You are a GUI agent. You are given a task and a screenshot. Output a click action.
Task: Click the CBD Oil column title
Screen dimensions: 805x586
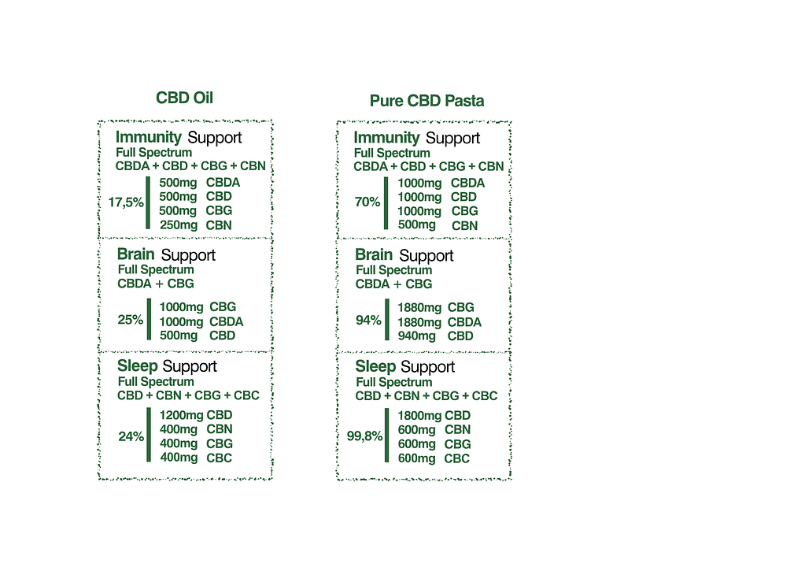click(184, 98)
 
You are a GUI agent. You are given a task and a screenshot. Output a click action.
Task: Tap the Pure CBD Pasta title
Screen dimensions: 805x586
click(427, 101)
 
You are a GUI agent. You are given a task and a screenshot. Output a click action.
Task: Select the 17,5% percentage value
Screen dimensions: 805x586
click(126, 202)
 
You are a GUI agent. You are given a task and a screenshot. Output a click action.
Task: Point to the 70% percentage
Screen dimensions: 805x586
click(367, 202)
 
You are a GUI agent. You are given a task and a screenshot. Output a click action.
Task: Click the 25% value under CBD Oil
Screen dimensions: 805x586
click(131, 320)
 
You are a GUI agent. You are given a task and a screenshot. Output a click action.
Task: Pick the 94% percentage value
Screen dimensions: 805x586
click(368, 321)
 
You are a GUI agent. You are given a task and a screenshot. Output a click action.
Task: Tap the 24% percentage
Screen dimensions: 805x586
click(131, 436)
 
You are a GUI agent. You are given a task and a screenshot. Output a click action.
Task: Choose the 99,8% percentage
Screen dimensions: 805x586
click(364, 436)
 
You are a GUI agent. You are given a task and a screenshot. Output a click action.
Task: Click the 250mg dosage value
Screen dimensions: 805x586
click(179, 225)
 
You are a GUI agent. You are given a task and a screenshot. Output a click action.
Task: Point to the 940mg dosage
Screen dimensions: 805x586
click(416, 336)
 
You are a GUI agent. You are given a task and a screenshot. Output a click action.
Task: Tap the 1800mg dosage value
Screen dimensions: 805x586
click(419, 415)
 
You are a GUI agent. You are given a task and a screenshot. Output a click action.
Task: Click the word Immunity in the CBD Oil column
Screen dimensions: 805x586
click(149, 137)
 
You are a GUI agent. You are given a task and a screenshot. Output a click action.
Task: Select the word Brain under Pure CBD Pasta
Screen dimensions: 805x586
click(374, 254)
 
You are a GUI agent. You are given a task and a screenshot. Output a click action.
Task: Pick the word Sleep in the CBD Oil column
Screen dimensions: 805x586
click(137, 365)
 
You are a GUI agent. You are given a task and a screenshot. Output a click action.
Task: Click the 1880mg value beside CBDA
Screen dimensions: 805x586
click(419, 322)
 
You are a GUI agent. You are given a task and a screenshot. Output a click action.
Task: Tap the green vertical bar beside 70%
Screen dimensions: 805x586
click(386, 203)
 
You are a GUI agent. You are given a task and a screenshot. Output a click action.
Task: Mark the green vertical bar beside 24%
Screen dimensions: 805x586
click(149, 435)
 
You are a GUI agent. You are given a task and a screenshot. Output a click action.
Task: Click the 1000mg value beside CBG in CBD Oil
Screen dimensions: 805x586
click(181, 307)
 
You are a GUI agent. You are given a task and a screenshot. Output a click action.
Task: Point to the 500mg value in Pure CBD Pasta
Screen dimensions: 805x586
click(416, 224)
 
